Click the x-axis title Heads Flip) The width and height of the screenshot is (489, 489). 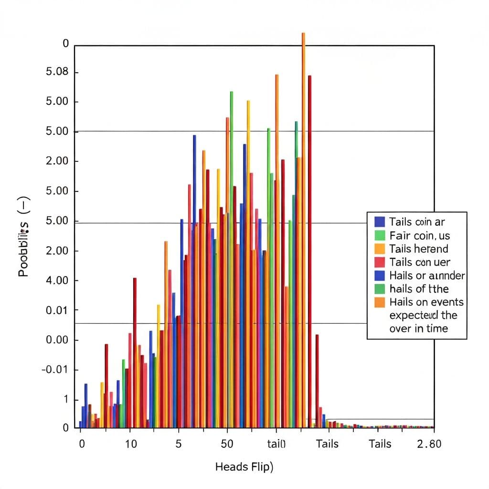[x=244, y=467]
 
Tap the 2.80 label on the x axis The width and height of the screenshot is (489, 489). [x=429, y=444]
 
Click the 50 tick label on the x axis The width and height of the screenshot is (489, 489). [x=227, y=444]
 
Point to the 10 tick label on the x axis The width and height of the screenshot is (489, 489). [x=130, y=444]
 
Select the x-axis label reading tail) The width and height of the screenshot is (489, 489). [x=276, y=444]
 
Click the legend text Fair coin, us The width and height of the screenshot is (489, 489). [x=419, y=235]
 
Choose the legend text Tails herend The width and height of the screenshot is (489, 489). [x=418, y=249]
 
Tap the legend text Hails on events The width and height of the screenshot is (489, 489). [x=426, y=302]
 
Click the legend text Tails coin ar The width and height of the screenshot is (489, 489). [x=417, y=222]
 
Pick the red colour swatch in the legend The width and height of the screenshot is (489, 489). [x=380, y=262]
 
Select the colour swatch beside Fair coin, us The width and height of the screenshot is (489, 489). [x=380, y=235]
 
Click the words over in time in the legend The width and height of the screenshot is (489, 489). [x=418, y=329]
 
